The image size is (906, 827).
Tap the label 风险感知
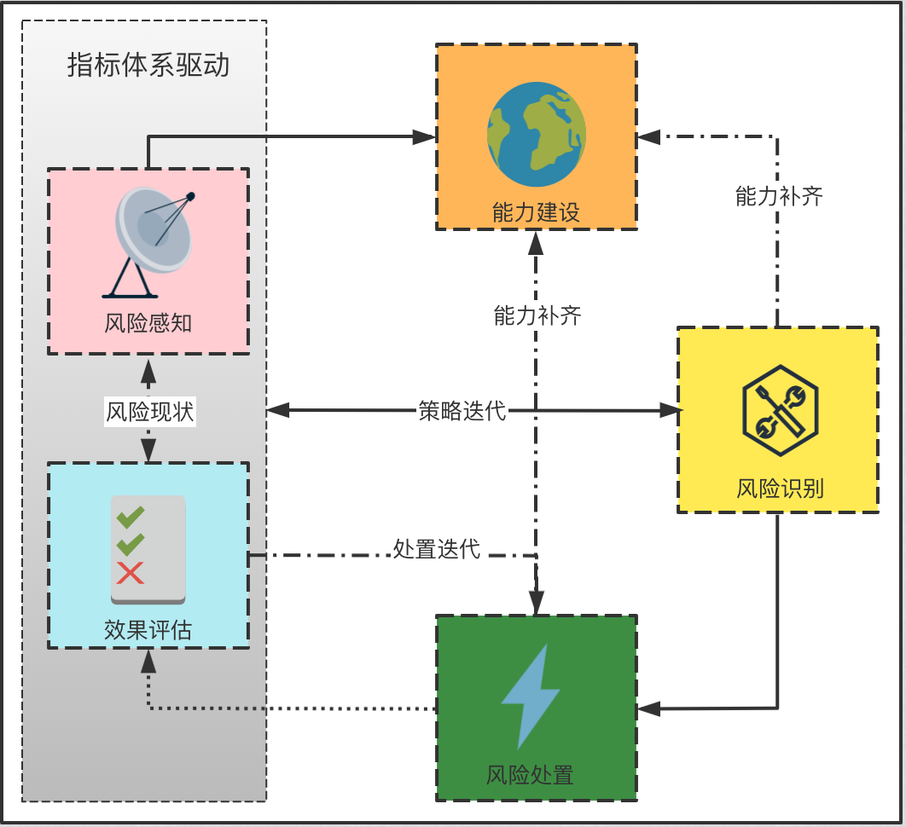tap(148, 324)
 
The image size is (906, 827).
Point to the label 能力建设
tap(537, 212)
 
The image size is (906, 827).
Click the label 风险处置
tap(531, 775)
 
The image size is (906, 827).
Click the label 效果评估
tap(148, 630)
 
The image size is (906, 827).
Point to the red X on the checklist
tap(131, 573)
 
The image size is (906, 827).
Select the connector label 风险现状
tap(150, 412)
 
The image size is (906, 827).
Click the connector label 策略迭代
tap(462, 410)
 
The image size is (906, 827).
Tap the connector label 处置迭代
tap(437, 548)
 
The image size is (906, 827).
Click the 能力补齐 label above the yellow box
tap(779, 197)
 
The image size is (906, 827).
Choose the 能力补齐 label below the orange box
tap(537, 316)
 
